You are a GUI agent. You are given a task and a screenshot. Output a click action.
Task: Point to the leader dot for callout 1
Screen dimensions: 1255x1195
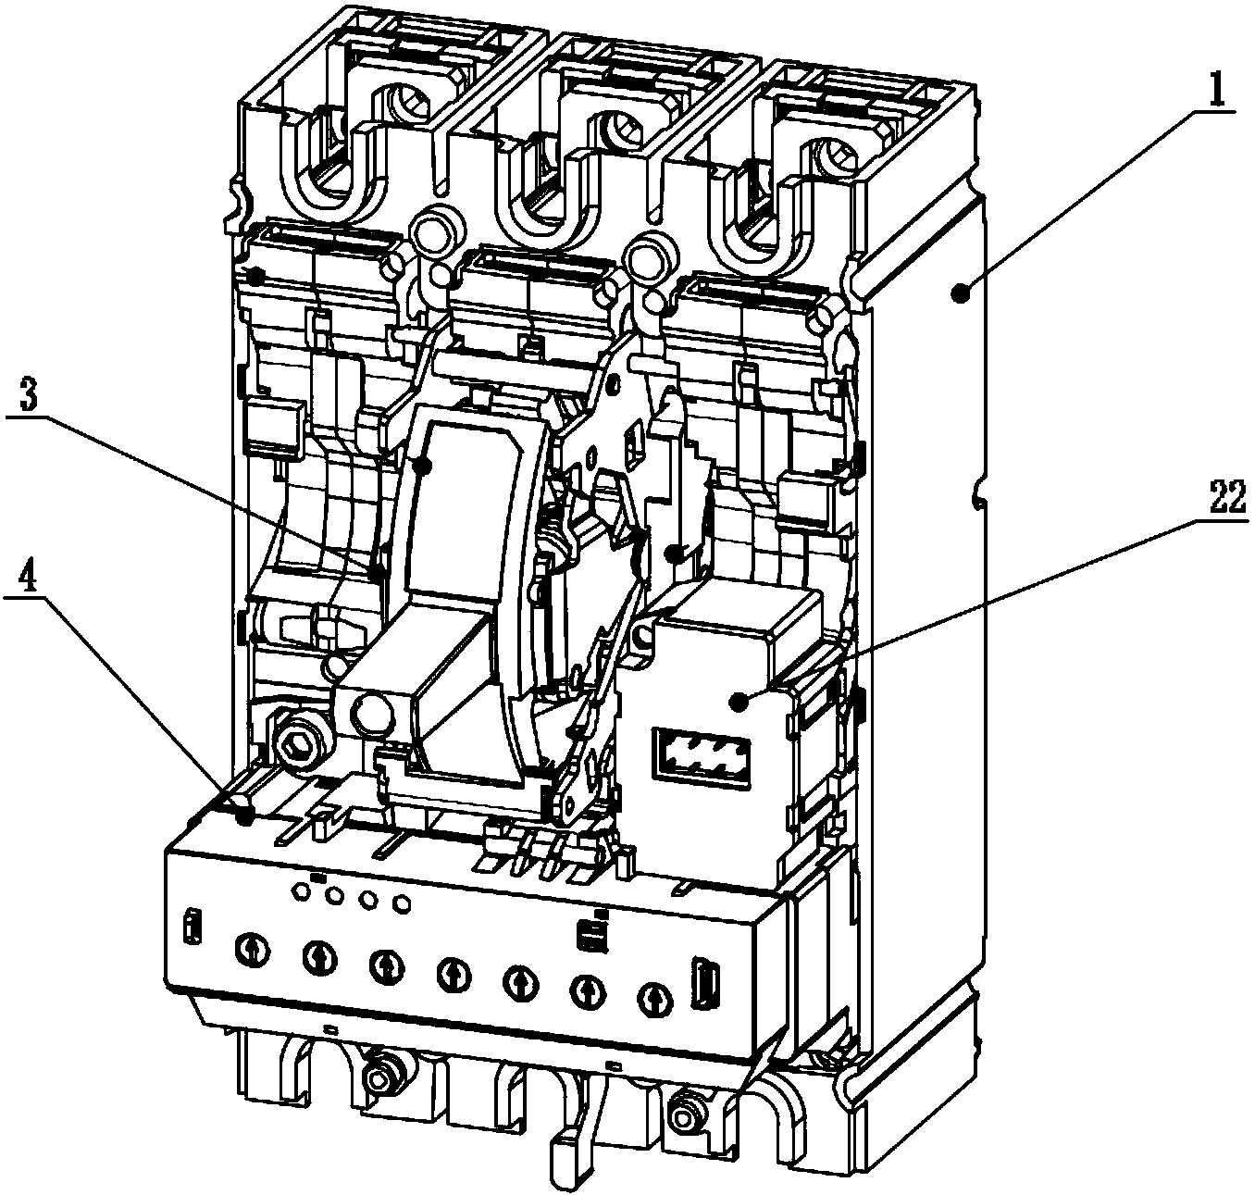click(x=958, y=294)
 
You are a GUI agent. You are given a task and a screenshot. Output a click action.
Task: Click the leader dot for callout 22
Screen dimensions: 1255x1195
click(x=739, y=703)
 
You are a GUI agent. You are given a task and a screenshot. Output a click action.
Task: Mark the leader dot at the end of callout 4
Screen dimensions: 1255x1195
click(x=245, y=816)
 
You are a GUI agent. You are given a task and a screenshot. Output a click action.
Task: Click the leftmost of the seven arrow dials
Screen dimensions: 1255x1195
click(x=252, y=949)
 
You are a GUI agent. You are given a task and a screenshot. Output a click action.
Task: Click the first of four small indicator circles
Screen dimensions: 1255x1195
click(x=300, y=890)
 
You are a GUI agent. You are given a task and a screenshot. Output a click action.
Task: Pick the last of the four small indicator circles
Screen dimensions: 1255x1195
click(x=401, y=903)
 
